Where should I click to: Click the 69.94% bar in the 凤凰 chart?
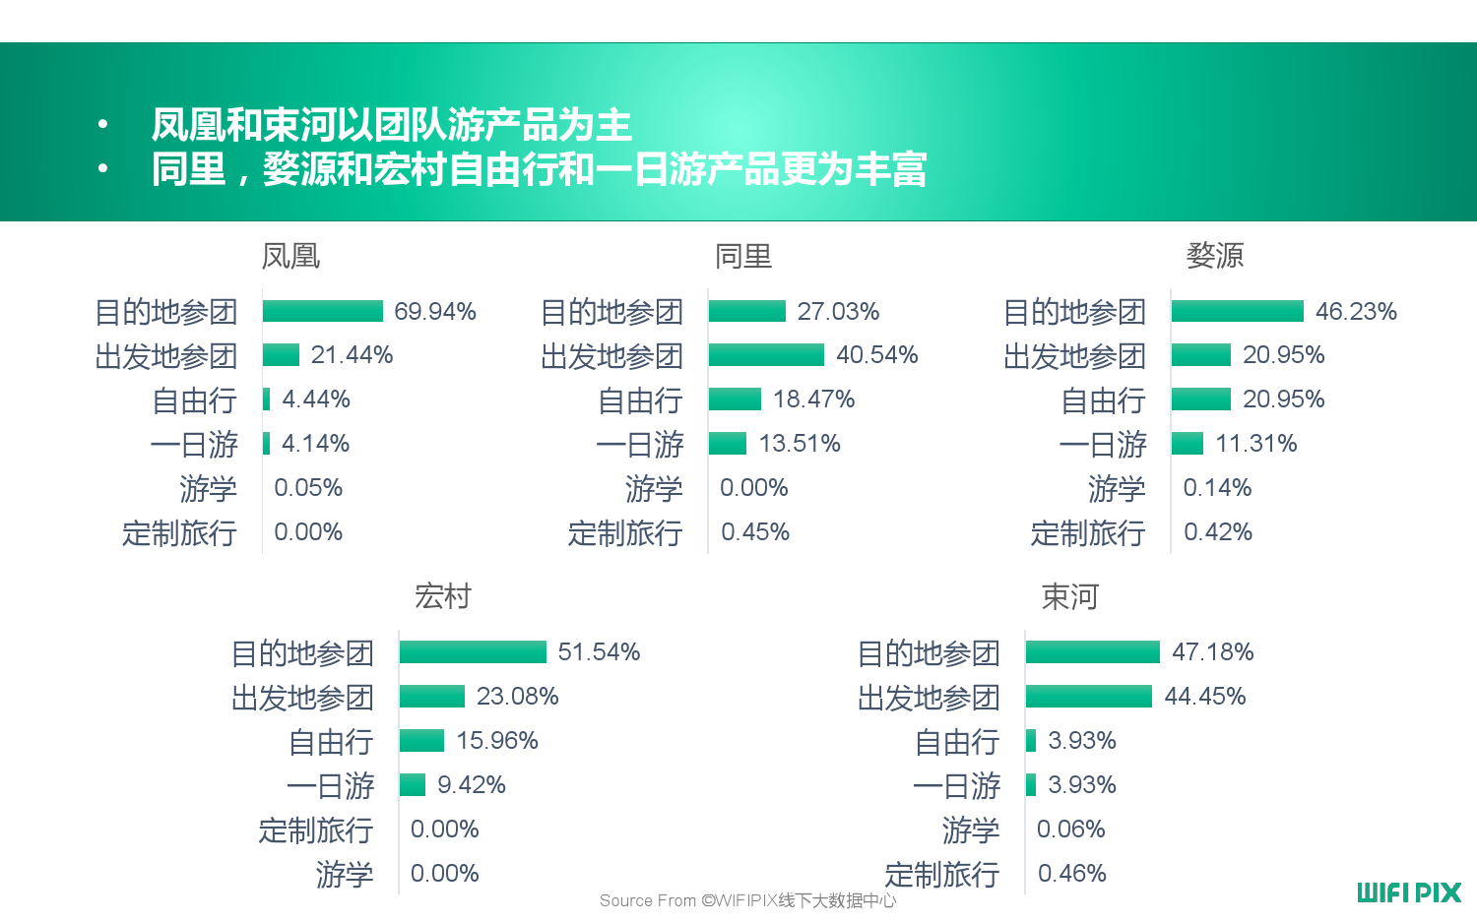(x=322, y=311)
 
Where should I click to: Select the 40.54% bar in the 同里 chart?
(x=766, y=354)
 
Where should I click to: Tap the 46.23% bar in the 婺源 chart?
(x=1237, y=311)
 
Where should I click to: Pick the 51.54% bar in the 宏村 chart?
(x=473, y=651)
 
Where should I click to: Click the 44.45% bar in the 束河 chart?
(x=1088, y=696)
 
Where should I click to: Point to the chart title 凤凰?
(x=290, y=256)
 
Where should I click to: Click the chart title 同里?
(x=743, y=256)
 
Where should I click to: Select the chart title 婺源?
(x=1215, y=256)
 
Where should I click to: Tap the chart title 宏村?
(x=443, y=596)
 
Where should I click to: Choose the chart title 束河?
(x=1069, y=596)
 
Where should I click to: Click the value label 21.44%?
(x=352, y=354)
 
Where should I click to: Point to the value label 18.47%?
(x=813, y=399)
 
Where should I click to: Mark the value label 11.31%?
(x=1255, y=443)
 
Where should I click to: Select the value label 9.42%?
(x=471, y=784)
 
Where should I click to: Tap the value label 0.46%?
(x=1071, y=873)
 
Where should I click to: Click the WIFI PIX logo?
(x=1409, y=892)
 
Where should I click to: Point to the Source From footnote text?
(x=747, y=900)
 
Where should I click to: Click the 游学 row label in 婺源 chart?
(x=1117, y=488)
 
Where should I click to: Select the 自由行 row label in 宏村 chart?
(x=331, y=741)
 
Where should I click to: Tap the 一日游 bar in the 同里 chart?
(x=728, y=443)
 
